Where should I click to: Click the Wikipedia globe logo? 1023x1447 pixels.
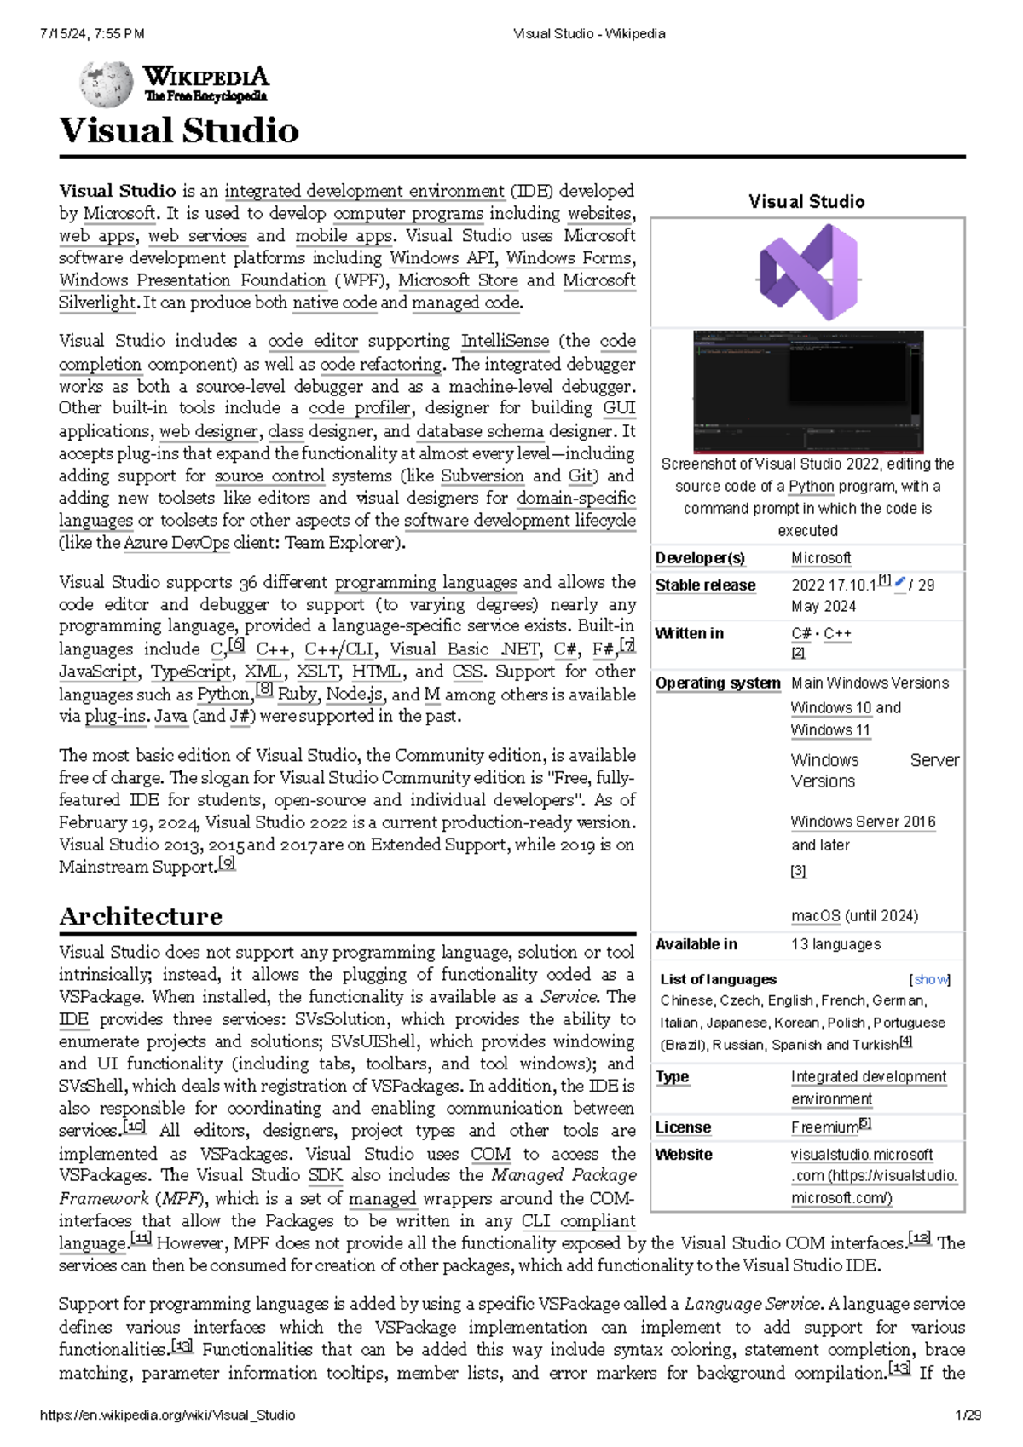click(x=106, y=84)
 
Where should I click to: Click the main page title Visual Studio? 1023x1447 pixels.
click(x=179, y=130)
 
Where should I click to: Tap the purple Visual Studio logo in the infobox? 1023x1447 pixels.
click(x=807, y=273)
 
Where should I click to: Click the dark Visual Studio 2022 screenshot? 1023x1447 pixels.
click(x=807, y=391)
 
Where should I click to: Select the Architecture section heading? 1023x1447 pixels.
click(x=141, y=916)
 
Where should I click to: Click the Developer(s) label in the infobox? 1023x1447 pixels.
click(x=699, y=558)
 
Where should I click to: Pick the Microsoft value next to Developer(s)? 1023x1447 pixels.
click(x=820, y=558)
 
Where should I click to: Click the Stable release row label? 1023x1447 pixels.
click(x=705, y=585)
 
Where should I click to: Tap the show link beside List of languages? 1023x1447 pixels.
click(x=930, y=980)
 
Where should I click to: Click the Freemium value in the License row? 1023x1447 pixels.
click(x=824, y=1127)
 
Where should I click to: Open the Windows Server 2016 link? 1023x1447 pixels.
click(x=862, y=822)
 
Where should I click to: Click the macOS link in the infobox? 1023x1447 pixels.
click(x=815, y=916)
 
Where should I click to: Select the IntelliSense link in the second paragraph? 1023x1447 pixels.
click(x=505, y=341)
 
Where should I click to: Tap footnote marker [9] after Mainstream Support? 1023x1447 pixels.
click(x=227, y=864)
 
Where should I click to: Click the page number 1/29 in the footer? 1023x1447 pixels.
click(x=968, y=1415)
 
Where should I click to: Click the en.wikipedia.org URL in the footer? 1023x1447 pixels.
click(x=167, y=1415)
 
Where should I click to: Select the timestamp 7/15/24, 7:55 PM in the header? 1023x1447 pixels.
click(x=92, y=34)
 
